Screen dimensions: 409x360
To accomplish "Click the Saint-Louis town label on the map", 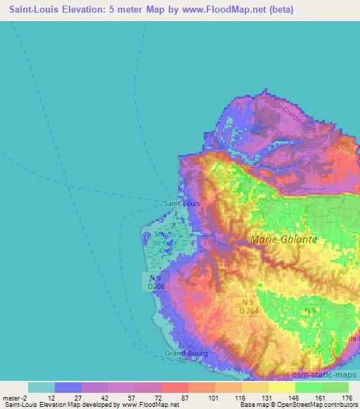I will coord(181,203).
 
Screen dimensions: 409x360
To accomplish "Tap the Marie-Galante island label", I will coord(283,240).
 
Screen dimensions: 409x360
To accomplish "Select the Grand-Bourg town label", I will coord(184,352).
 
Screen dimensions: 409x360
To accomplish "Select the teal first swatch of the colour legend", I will coord(41,387).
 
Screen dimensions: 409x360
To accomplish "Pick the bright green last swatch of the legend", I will coord(335,387).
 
